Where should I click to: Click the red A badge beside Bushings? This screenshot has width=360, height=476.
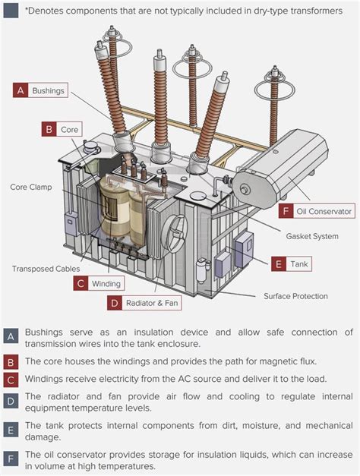click(21, 90)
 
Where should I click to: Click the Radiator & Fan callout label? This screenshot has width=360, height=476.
click(147, 303)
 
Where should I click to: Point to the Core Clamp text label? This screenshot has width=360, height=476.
click(30, 186)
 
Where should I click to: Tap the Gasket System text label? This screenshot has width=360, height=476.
click(312, 236)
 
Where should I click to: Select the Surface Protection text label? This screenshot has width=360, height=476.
click(295, 296)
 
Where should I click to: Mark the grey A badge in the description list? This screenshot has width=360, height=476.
click(11, 336)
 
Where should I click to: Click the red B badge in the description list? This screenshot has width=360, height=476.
click(11, 361)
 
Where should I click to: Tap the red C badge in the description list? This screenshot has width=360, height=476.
click(11, 379)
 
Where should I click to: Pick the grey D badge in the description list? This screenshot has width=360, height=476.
click(11, 401)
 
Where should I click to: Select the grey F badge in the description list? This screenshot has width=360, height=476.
click(11, 459)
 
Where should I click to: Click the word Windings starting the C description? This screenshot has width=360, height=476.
click(46, 379)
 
